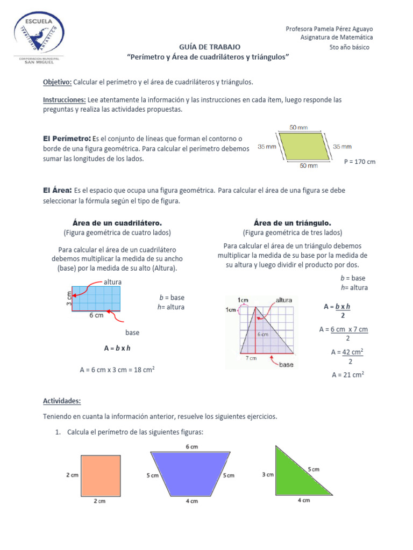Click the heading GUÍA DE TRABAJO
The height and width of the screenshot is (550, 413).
click(207, 47)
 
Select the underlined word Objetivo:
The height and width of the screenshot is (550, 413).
click(57, 82)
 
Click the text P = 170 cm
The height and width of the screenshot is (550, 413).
click(359, 161)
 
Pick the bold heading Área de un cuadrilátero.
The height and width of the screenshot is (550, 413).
click(117, 222)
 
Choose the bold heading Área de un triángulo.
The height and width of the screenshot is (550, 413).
click(292, 222)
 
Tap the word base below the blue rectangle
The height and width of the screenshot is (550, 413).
click(132, 332)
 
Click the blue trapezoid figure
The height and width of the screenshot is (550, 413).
click(191, 473)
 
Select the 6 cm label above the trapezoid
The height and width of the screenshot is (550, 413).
click(192, 447)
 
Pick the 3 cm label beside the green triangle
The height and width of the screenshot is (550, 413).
click(267, 474)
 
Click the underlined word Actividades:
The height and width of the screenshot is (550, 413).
click(62, 401)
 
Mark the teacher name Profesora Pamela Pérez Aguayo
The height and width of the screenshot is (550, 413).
click(329, 28)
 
